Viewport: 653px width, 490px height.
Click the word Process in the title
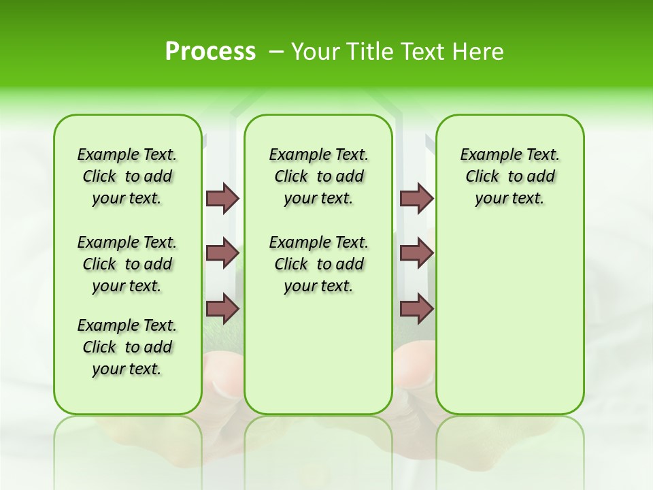coord(210,52)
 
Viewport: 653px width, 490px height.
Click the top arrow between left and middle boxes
coord(222,199)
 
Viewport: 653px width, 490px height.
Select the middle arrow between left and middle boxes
coord(222,253)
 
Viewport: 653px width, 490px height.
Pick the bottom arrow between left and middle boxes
coord(222,309)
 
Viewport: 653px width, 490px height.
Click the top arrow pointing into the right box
coord(416,199)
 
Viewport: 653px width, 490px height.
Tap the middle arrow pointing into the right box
coord(416,253)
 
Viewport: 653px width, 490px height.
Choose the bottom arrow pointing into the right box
coord(416,309)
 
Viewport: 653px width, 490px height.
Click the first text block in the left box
coord(127,176)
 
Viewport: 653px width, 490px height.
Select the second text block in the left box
coord(127,264)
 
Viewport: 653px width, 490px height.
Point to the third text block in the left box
coord(127,347)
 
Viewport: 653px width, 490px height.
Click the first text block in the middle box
coord(318,176)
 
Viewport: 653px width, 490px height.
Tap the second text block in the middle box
coord(318,264)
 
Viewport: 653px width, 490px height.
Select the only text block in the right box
coord(509,176)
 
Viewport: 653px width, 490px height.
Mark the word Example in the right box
coord(484,155)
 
